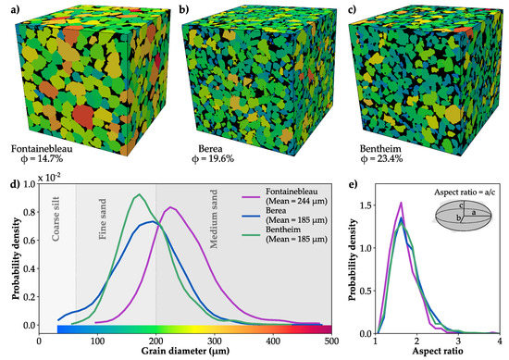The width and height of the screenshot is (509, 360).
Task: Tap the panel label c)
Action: pyautogui.click(x=346, y=7)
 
